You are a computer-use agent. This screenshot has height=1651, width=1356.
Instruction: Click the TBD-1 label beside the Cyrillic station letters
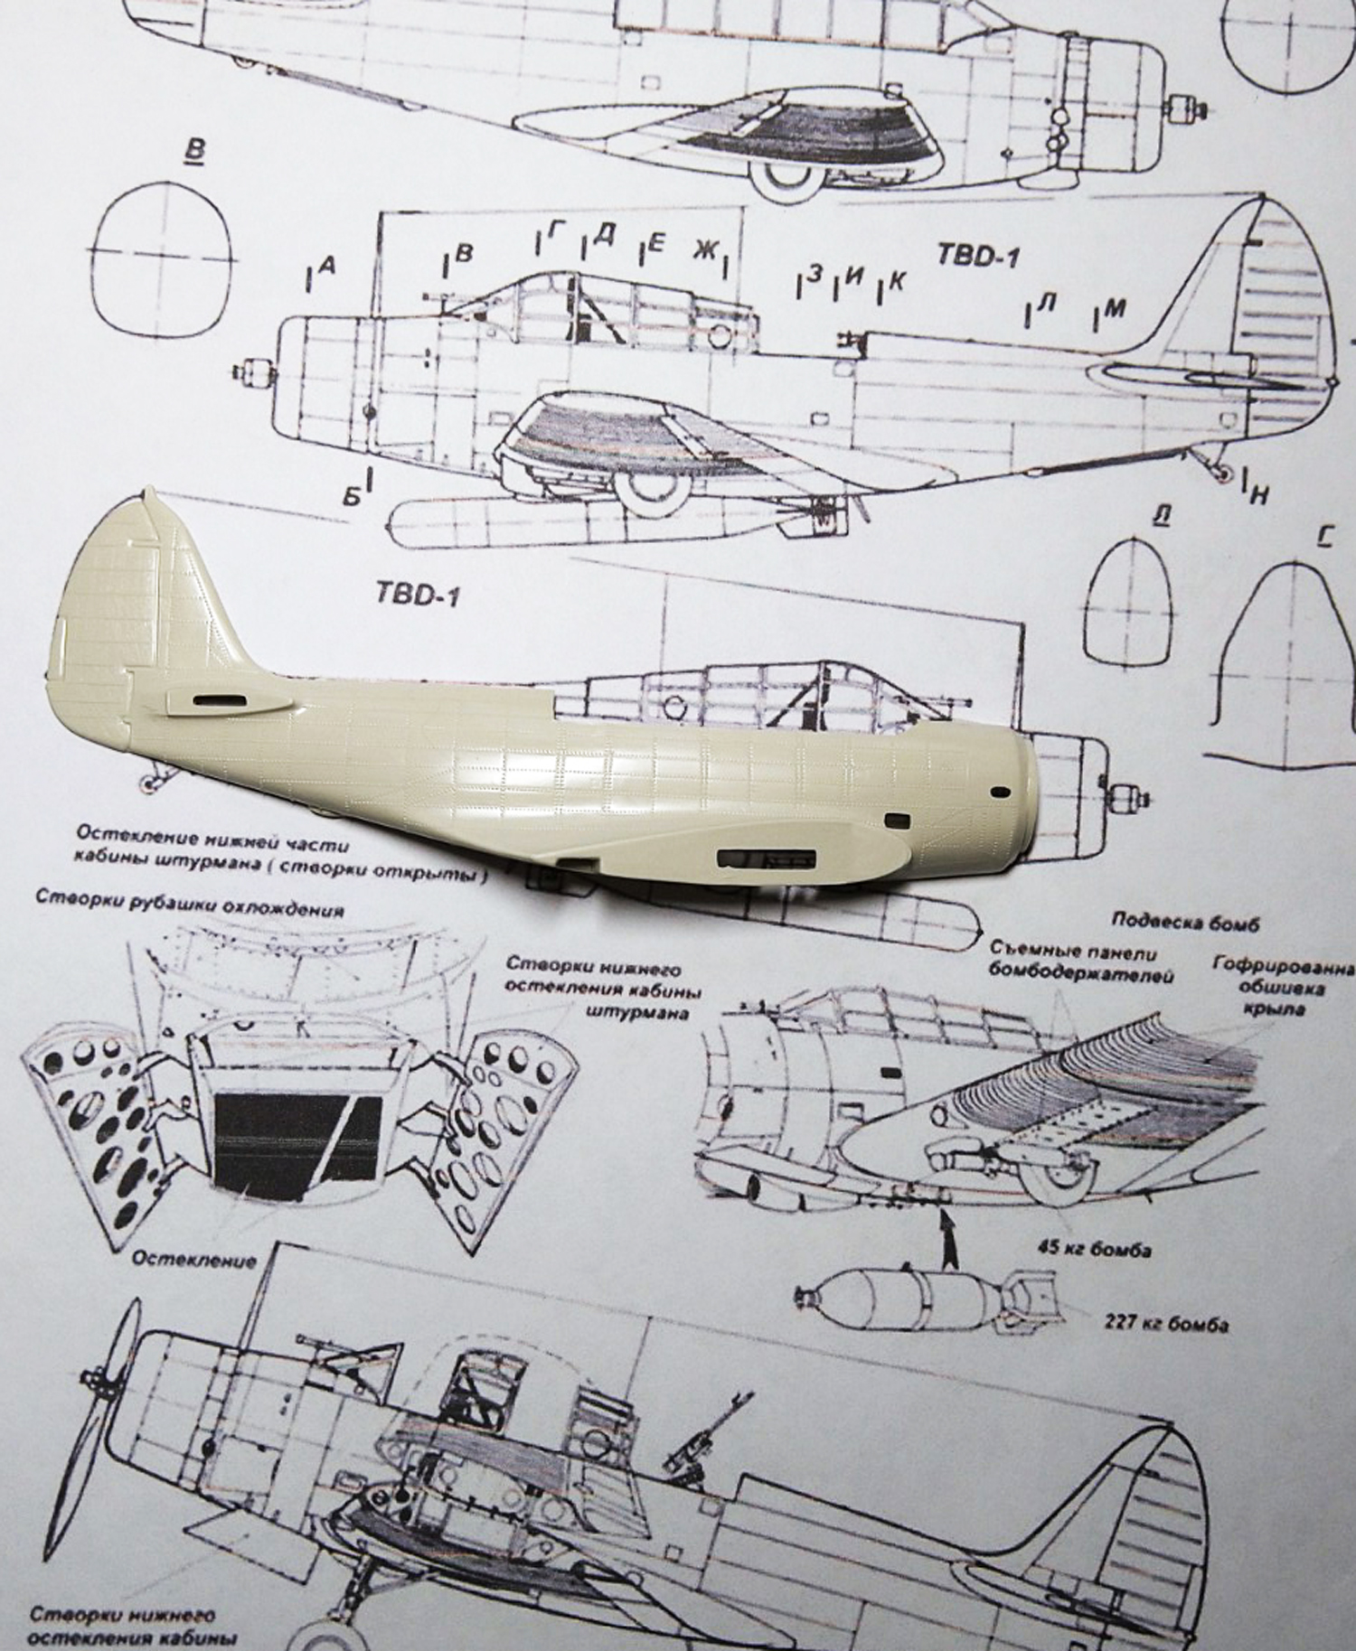pyautogui.click(x=977, y=256)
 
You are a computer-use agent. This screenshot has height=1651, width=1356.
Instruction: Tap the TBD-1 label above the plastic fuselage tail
pyautogui.click(x=418, y=597)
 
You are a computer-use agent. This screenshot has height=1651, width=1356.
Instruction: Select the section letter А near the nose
pyautogui.click(x=328, y=265)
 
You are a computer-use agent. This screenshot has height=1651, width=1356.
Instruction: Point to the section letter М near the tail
pyautogui.click(x=1115, y=309)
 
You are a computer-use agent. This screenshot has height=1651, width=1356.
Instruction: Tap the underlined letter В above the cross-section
pyautogui.click(x=193, y=150)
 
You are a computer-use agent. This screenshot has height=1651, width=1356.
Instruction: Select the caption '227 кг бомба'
pyautogui.click(x=1165, y=1325)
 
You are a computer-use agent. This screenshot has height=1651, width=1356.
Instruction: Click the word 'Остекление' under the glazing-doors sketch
pyautogui.click(x=194, y=1260)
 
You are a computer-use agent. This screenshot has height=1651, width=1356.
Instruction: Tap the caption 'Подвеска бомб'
pyautogui.click(x=1183, y=924)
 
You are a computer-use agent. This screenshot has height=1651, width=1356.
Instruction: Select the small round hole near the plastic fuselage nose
pyautogui.click(x=999, y=792)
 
